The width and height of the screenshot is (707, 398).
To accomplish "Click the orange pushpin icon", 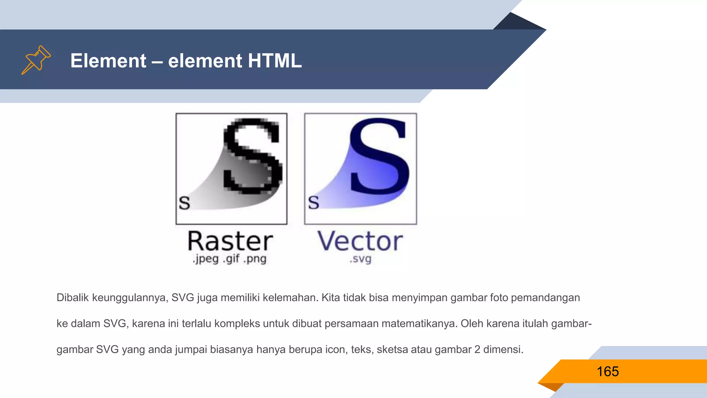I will (36, 59).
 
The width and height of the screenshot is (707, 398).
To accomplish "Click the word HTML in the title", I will (274, 61).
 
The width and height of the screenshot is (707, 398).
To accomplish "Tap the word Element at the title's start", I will (108, 61).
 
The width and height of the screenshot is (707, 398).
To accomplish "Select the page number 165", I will (608, 372).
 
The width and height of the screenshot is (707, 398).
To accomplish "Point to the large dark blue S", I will (380, 155).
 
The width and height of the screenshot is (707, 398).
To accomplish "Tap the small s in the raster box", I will (184, 203).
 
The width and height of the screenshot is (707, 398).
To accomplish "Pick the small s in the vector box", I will (313, 202).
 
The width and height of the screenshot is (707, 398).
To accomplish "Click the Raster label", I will (230, 241).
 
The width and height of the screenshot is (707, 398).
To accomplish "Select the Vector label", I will (360, 241).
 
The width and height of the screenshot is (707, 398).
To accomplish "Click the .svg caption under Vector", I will (360, 259).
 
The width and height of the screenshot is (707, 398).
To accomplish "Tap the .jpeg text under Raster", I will (206, 259).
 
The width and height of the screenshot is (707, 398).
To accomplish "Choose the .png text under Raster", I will (255, 259).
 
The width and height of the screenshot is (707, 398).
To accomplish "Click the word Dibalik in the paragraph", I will (72, 297).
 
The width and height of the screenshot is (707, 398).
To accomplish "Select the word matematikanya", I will (419, 324).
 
